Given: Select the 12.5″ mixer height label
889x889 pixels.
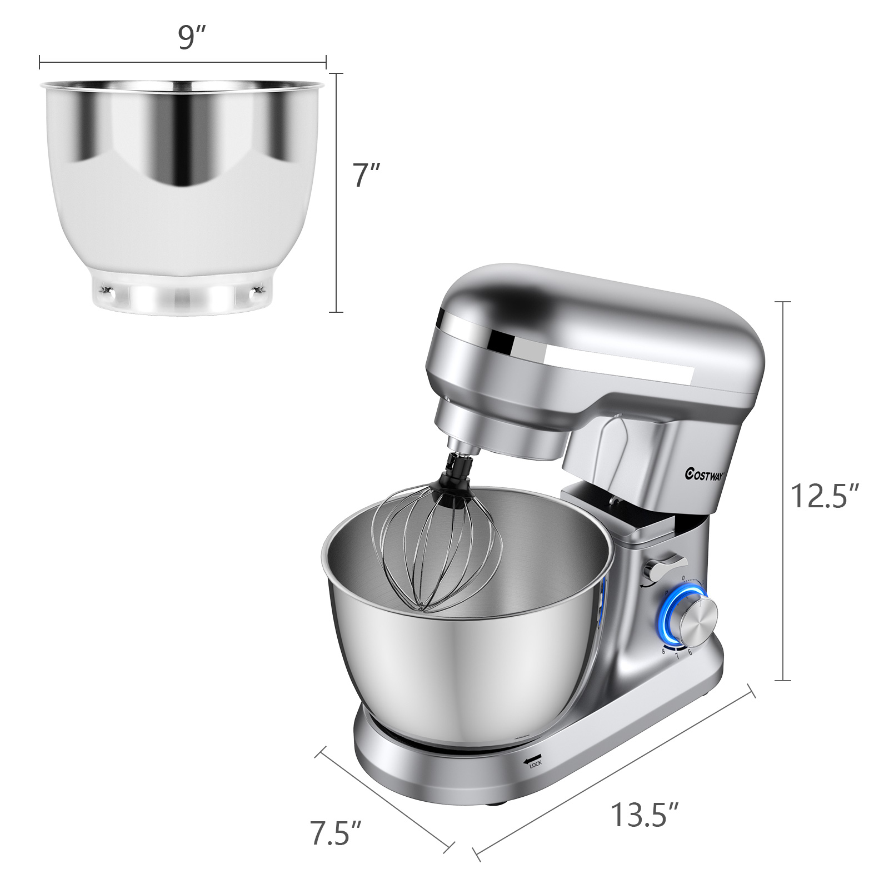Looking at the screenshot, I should (x=825, y=496).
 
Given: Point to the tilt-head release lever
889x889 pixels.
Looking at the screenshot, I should (x=665, y=566).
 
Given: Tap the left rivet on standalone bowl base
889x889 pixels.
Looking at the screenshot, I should (x=106, y=290).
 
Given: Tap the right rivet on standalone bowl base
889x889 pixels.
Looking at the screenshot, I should (x=256, y=290).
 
